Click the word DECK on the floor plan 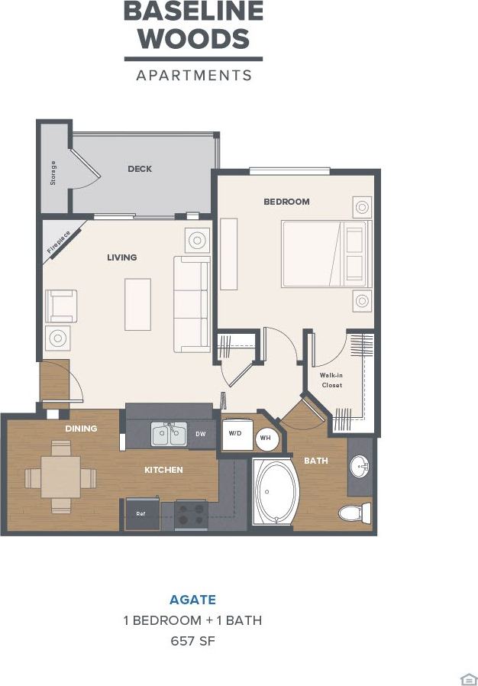(140, 169)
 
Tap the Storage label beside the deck (53, 173)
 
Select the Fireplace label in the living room (59, 241)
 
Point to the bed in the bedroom (325, 254)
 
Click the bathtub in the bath (273, 493)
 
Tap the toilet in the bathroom (355, 513)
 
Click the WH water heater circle (265, 438)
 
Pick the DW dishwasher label (201, 434)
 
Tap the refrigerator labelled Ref (141, 513)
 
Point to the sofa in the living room (192, 303)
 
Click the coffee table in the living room (137, 304)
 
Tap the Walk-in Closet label (331, 380)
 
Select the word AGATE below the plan (192, 600)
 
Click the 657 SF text (192, 640)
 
